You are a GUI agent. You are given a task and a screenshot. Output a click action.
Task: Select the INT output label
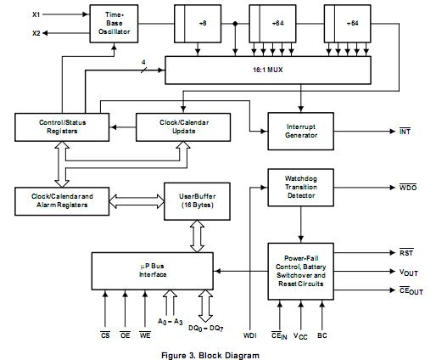pyautogui.click(x=406, y=132)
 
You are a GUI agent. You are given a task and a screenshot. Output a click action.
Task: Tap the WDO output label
pyautogui.click(x=407, y=186)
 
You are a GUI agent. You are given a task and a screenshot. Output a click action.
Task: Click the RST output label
pyautogui.click(x=406, y=252)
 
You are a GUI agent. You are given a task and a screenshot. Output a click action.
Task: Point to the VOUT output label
pyautogui.click(x=409, y=272)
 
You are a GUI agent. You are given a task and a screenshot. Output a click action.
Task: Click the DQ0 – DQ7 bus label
pyautogui.click(x=205, y=328)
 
